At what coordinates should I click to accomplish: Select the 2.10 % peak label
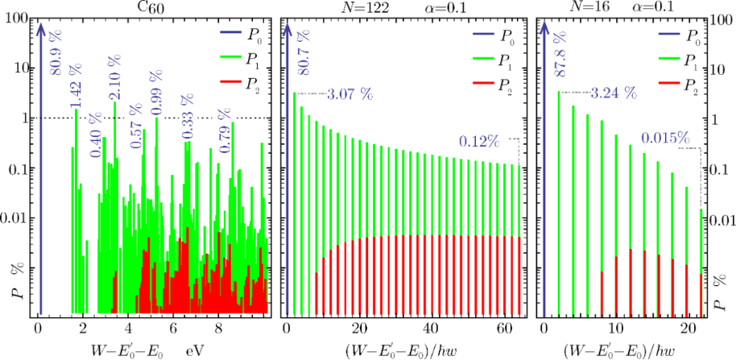tap(114, 77)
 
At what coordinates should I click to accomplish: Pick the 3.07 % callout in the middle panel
tap(349, 94)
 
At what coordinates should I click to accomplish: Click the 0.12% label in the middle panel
tap(478, 141)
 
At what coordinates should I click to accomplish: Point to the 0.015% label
tap(665, 138)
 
